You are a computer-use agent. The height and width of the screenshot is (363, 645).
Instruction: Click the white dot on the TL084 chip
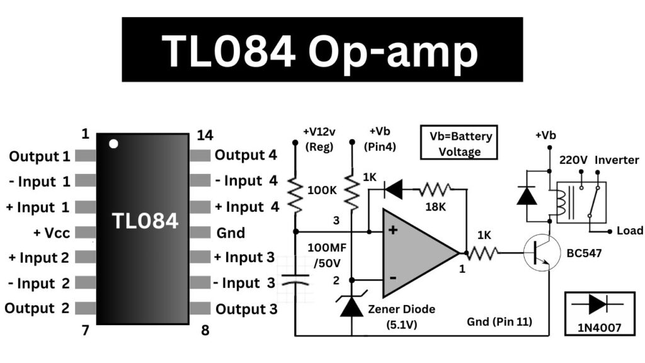click(113, 144)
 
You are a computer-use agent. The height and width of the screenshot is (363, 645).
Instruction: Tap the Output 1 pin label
click(40, 156)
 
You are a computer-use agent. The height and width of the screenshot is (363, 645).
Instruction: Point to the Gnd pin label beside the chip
click(230, 232)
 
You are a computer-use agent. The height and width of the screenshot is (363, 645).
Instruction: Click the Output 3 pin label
click(246, 309)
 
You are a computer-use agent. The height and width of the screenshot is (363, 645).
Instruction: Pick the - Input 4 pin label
click(246, 181)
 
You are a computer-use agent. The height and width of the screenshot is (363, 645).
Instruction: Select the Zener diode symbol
click(351, 306)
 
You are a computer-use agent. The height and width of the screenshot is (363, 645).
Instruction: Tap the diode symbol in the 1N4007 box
click(596, 304)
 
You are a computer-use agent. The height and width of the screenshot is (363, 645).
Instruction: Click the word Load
click(630, 231)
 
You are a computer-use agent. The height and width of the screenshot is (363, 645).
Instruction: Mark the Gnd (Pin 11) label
click(499, 322)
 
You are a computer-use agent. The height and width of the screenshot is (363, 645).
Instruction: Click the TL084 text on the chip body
click(145, 221)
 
